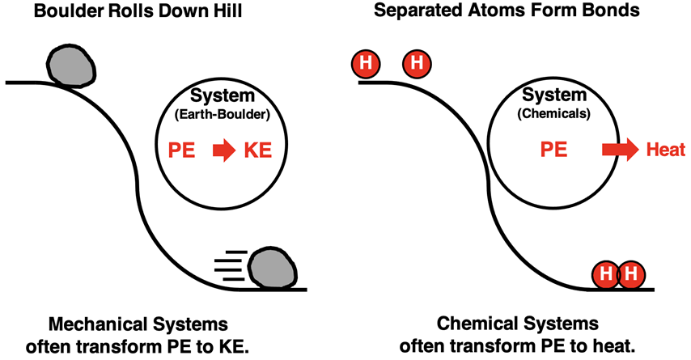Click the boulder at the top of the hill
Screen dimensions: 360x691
point(71,62)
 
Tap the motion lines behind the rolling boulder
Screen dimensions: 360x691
point(230,266)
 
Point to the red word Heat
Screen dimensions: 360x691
point(665,150)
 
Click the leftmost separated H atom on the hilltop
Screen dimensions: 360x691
point(366,63)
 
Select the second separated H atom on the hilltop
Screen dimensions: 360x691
point(418,63)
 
